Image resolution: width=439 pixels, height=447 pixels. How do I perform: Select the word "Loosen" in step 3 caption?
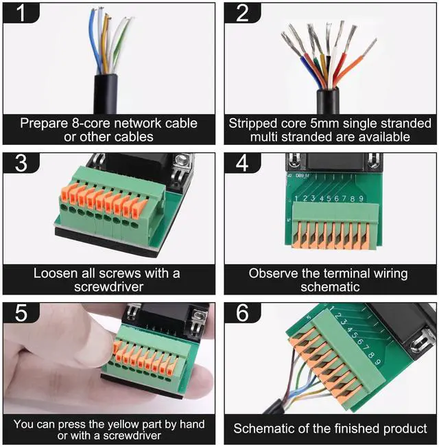[x=56, y=273]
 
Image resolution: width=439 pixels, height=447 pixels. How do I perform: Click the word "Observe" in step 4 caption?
[x=272, y=273]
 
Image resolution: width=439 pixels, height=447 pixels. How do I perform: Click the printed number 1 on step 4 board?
[x=296, y=199]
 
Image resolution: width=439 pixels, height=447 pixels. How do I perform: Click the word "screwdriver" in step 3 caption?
[x=108, y=286]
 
